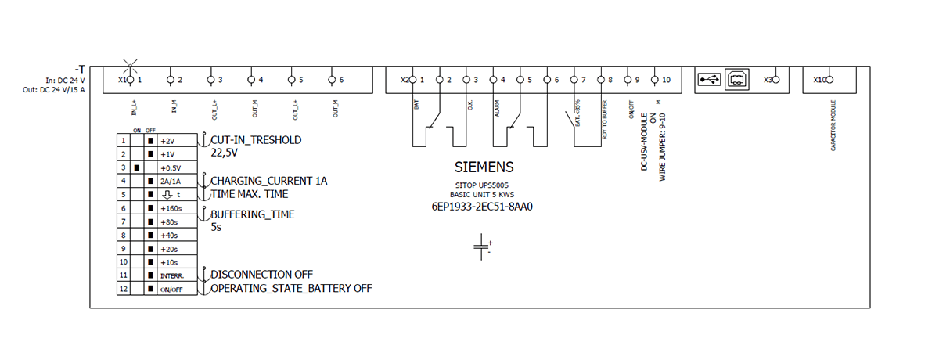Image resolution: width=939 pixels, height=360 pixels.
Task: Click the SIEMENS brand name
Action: pyautogui.click(x=484, y=167)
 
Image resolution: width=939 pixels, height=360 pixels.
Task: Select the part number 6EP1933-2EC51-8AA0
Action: pyautogui.click(x=484, y=207)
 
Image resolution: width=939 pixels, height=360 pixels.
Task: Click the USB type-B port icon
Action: pyautogui.click(x=737, y=80)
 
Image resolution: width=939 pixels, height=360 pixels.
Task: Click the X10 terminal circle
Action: pyautogui.click(x=830, y=80)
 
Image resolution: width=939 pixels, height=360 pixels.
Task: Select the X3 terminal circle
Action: pyautogui.click(x=775, y=80)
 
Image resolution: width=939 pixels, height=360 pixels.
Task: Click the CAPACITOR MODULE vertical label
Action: pyautogui.click(x=833, y=125)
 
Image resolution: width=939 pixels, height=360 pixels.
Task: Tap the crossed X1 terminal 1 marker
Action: pyautogui.click(x=131, y=80)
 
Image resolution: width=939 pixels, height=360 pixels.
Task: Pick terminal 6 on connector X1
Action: pyautogui.click(x=332, y=80)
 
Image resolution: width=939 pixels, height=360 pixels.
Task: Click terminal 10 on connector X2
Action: pyautogui.click(x=655, y=80)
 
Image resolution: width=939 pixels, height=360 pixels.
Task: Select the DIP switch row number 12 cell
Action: pyautogui.click(x=122, y=289)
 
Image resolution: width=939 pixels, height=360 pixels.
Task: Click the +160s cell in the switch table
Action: pyautogui.click(x=171, y=209)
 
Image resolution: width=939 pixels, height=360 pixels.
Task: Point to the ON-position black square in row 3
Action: pyautogui.click(x=137, y=168)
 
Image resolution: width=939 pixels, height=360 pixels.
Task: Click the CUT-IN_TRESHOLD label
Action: pyautogui.click(x=256, y=140)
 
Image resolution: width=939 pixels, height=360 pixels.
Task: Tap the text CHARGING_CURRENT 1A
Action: pyautogui.click(x=268, y=181)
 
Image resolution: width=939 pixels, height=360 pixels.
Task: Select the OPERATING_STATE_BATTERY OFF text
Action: pyautogui.click(x=290, y=288)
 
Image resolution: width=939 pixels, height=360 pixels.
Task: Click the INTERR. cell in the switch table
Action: pyautogui.click(x=171, y=275)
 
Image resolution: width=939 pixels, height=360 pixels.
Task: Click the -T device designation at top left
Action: pyautogui.click(x=80, y=69)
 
